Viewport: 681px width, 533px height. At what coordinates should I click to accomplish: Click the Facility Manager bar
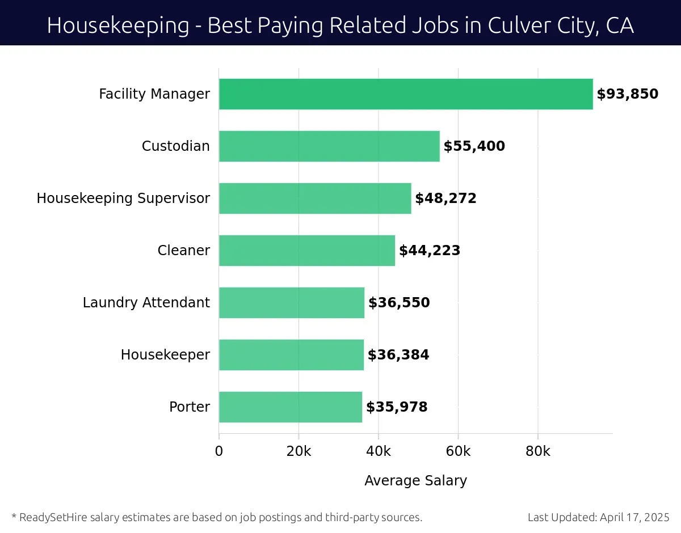point(406,94)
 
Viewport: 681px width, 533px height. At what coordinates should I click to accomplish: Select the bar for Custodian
point(329,146)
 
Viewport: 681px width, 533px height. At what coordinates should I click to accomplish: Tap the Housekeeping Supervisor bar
point(315,198)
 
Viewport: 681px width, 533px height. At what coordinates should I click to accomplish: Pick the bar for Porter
point(291,407)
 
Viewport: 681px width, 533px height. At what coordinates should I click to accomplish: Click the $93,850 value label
point(627,94)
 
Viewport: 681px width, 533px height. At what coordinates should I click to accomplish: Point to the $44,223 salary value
point(430,251)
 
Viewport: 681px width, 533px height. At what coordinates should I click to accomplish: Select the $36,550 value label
point(399,303)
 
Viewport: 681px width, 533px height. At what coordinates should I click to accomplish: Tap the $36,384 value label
point(398,355)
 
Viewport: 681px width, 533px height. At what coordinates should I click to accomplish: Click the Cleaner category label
point(183,251)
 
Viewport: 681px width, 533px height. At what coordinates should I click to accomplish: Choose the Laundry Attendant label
point(146,303)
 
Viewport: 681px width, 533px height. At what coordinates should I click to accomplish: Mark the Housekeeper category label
point(165,355)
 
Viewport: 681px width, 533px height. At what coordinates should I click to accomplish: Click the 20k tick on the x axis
point(299,451)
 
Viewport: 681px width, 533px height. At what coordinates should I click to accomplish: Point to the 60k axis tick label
point(458,451)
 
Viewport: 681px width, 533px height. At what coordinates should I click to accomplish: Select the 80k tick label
point(538,451)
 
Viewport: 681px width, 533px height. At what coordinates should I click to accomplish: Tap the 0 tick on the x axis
point(219,451)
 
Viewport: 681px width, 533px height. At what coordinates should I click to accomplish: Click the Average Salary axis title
point(415,481)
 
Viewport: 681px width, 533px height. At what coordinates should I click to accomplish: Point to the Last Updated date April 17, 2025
point(633,517)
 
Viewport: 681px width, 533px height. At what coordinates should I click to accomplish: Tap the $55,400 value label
point(474,146)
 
